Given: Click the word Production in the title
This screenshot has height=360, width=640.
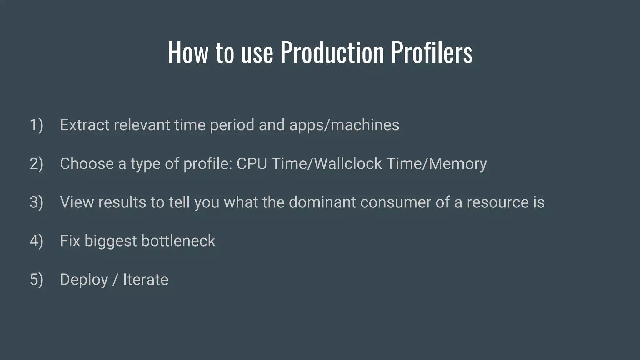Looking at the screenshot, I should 332,52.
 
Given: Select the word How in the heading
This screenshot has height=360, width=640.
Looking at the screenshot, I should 187,52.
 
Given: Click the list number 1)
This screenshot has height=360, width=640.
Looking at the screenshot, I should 36,125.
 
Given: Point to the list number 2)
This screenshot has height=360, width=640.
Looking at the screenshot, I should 36,164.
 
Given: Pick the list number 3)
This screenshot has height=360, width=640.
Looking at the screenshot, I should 36,202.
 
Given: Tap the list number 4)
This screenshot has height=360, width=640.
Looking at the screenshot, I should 36,241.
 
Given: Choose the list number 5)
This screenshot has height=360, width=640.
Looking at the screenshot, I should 36,279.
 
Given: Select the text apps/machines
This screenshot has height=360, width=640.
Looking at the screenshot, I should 344,125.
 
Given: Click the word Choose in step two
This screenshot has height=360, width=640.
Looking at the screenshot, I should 87,164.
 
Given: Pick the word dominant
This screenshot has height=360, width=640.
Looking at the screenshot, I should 322,202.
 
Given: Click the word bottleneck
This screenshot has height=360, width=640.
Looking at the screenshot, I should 178,241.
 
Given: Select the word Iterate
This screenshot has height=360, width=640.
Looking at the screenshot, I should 146,279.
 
